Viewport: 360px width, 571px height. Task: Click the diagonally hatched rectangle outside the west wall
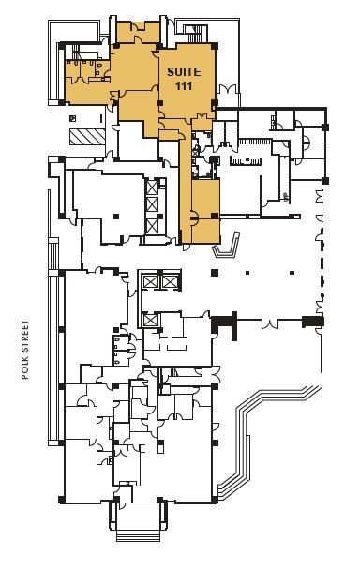point(83,136)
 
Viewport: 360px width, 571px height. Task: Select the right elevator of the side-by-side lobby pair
point(168,281)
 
